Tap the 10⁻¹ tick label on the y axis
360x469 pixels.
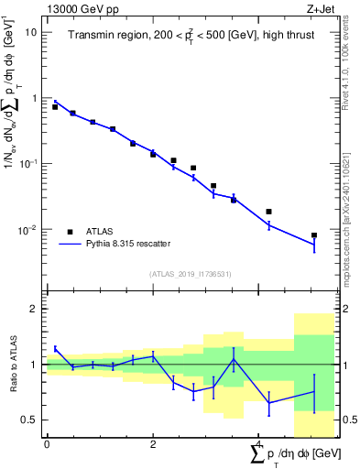[27, 163]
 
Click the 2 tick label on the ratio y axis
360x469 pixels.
[33, 309]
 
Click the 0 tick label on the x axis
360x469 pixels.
[47, 444]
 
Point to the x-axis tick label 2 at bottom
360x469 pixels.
[153, 444]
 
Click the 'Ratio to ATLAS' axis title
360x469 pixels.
[12, 365]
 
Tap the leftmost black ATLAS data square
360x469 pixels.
[55, 107]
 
